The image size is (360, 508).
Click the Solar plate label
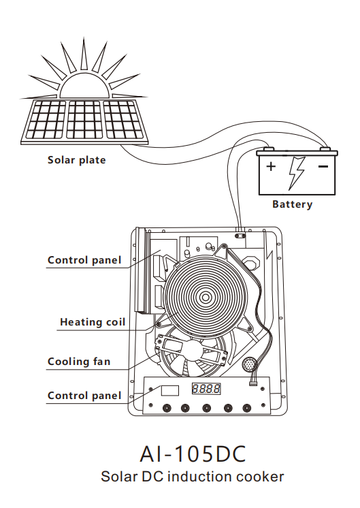(76, 160)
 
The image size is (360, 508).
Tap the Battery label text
(293, 204)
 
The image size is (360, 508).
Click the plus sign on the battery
(271, 167)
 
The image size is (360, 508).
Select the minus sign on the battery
(323, 167)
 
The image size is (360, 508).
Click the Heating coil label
(93, 322)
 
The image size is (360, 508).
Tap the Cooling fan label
(79, 362)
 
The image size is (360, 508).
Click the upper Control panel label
(84, 260)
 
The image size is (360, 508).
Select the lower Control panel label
(84, 396)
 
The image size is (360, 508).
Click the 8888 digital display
(206, 388)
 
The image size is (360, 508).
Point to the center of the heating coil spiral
(206, 297)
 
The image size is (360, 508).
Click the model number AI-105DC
(193, 454)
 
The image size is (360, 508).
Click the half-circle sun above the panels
(84, 85)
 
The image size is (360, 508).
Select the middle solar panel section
(84, 119)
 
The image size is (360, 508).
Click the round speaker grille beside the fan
(249, 364)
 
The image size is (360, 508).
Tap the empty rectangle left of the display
(170, 390)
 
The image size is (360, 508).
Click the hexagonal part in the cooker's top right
(252, 261)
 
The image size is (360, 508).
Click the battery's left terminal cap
(268, 149)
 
